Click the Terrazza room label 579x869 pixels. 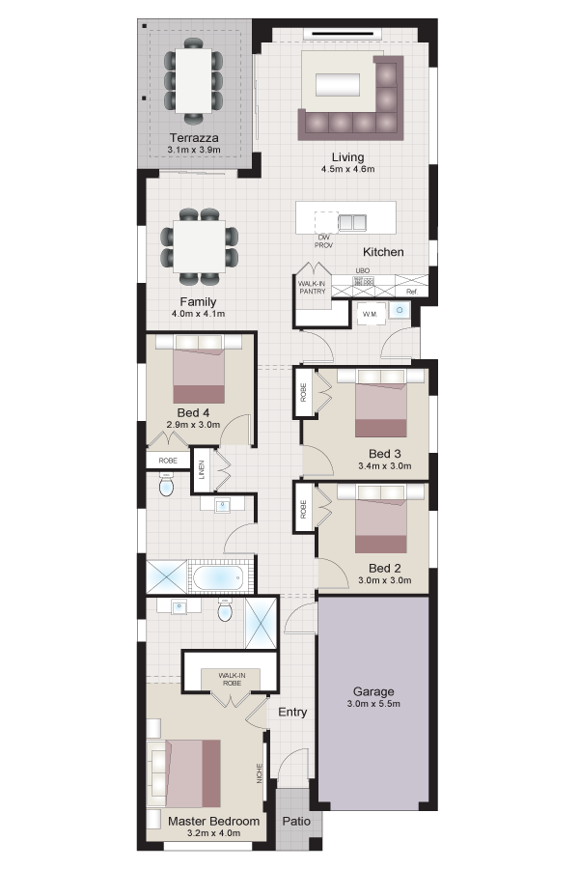coord(194,138)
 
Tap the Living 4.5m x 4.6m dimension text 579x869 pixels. coord(348,169)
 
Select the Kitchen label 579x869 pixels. coord(383,252)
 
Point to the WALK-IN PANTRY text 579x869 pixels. coord(312,287)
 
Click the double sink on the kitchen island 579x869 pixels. coord(352,222)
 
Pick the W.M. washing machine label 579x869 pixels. coord(371,314)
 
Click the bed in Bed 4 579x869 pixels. coord(199,369)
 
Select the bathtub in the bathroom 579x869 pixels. coord(217,577)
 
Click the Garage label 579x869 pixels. coord(373,691)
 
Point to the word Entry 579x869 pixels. coord(292,713)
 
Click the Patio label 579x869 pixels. coord(296,822)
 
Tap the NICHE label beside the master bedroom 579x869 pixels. coord(260,773)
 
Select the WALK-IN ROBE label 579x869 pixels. coord(232,680)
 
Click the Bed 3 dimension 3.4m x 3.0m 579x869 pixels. coord(384,466)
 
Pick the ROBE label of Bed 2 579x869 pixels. coord(303,510)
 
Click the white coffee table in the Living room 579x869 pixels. coord(338,85)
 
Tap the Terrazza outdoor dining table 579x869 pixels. coord(194,80)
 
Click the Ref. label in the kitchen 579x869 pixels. coord(412,292)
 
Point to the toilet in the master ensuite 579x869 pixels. coord(225,611)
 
